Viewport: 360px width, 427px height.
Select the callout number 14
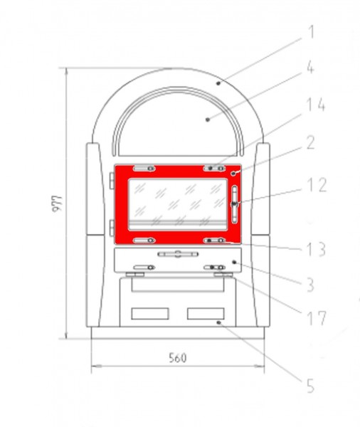313,106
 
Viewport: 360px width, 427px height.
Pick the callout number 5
310,387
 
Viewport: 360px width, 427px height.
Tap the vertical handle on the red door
235,204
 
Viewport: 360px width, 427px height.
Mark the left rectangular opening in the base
149,314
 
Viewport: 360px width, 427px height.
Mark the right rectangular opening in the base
206,314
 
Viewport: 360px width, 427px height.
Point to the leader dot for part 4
207,120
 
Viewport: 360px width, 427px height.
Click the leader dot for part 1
219,83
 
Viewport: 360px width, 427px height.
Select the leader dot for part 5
220,322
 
